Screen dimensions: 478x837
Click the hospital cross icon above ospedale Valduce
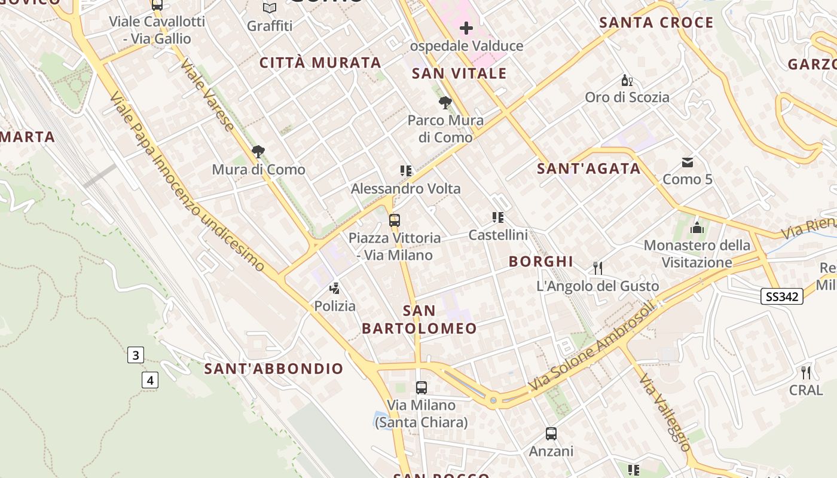coord(466,28)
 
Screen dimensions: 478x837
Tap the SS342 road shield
coord(782,296)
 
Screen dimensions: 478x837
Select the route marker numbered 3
coord(136,356)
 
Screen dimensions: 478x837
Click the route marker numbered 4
coord(150,379)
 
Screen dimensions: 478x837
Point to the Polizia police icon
coord(335,289)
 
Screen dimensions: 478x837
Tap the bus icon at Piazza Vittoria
coord(395,220)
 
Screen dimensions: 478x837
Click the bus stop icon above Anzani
coord(551,434)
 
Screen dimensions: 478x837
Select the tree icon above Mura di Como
coord(258,152)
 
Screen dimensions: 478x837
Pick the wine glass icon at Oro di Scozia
coord(627,80)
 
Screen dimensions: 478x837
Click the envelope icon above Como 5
coord(688,162)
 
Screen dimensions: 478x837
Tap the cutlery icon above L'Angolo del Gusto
coord(597,268)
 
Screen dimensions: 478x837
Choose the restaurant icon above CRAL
coord(806,373)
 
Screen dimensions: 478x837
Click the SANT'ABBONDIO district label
coord(274,369)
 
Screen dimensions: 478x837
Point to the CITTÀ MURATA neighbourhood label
coord(320,63)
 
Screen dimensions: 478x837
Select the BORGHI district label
coord(540,261)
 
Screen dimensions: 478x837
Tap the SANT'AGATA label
coord(588,168)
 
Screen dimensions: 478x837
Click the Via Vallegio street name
coord(664,412)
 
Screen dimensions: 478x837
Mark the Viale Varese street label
coord(207,96)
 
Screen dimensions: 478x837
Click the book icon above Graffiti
coord(270,8)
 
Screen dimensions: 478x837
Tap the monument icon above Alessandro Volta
coord(406,171)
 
